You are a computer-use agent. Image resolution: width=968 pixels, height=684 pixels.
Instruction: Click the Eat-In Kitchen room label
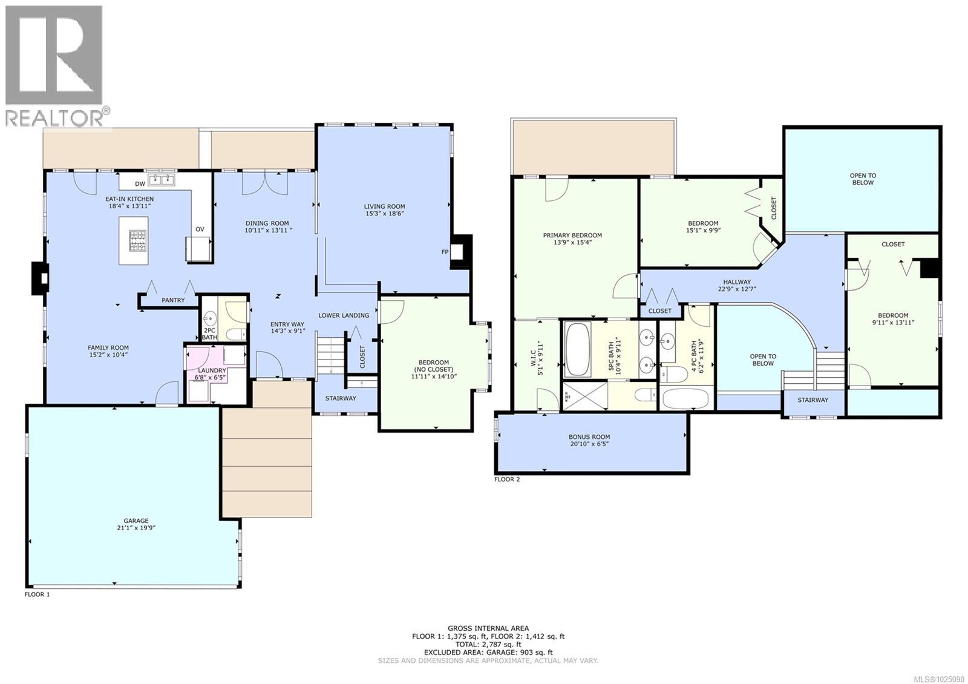pos(129,199)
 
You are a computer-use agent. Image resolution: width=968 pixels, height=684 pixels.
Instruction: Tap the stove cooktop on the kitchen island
pos(137,240)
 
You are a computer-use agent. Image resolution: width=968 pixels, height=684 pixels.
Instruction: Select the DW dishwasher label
pos(140,183)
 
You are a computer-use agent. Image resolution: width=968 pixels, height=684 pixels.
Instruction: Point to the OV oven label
pos(200,229)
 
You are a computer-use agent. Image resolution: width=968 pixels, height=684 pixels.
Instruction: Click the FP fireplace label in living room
pos(445,251)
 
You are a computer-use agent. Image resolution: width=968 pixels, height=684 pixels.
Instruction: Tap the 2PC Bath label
pos(209,334)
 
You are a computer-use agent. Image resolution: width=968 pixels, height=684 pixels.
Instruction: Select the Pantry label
pos(173,300)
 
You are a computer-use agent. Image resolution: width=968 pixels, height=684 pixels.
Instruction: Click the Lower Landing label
pos(344,315)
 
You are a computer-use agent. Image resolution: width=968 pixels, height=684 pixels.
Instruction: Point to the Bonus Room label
pos(589,436)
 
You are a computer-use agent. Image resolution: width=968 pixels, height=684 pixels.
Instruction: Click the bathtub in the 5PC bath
pos(577,349)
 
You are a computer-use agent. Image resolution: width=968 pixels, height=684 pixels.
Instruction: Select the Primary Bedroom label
pos(572,235)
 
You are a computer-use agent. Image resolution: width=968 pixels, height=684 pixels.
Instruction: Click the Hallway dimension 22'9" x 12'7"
pos(736,289)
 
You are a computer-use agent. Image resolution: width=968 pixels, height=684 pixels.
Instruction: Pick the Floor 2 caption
pos(507,479)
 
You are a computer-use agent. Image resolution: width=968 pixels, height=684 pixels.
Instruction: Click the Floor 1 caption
pos(37,594)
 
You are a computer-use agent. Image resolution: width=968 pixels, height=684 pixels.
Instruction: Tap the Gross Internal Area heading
pos(488,628)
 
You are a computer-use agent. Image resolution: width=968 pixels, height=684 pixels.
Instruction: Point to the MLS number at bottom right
pos(939,679)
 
